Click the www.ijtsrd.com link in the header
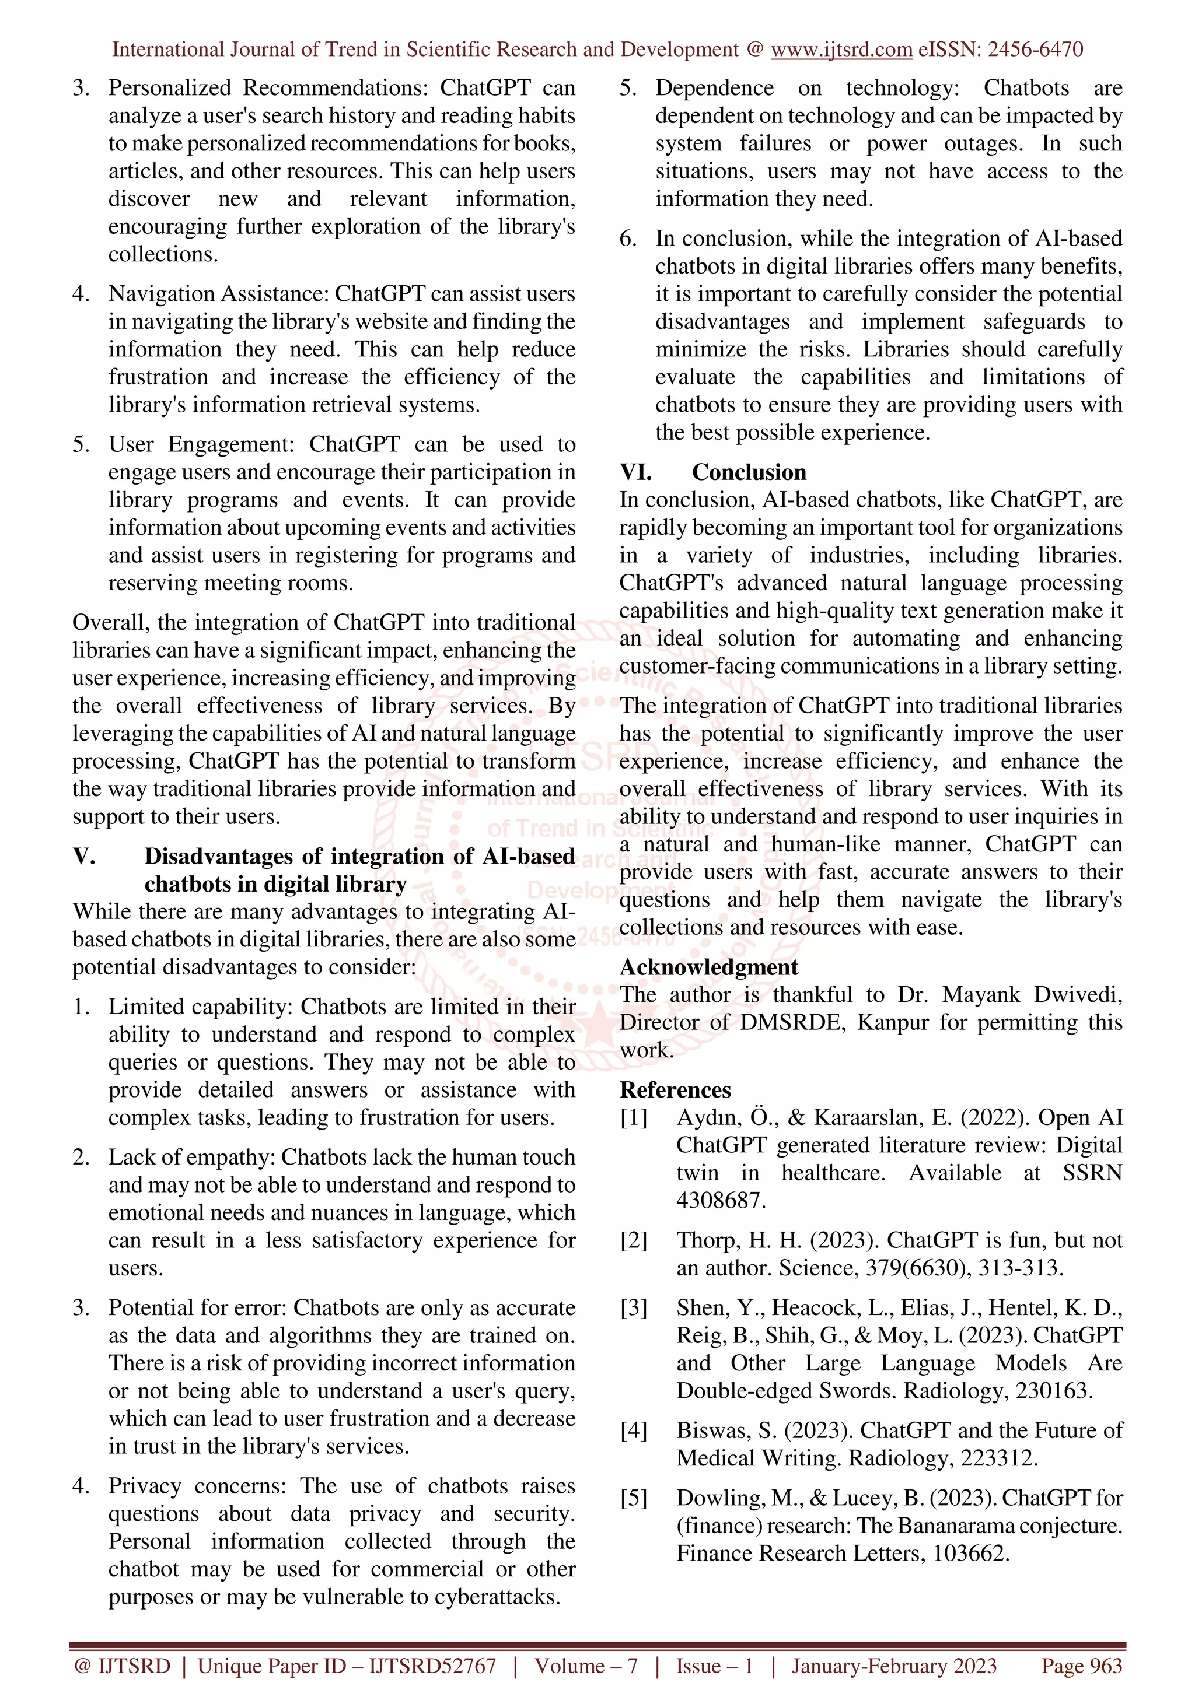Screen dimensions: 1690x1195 (x=841, y=50)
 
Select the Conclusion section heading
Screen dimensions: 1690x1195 (x=749, y=472)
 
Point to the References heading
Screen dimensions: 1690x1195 (x=675, y=1089)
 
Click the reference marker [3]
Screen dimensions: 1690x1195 (x=633, y=1308)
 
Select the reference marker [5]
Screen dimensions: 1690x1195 (x=633, y=1498)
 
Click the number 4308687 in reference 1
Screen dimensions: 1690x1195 (x=721, y=1201)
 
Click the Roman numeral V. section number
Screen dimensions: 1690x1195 (x=84, y=856)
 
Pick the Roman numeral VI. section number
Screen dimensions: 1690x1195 (x=635, y=472)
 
